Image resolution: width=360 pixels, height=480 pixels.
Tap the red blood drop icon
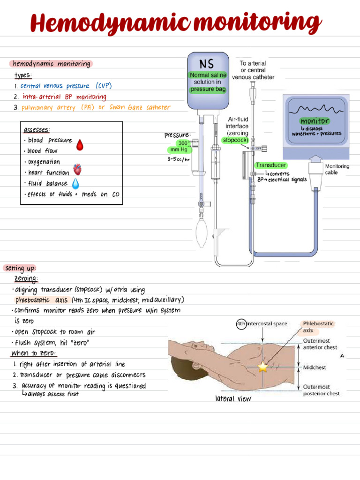point(80,145)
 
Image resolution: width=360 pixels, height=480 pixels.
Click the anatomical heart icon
point(77,169)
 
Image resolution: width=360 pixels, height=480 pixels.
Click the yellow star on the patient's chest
point(262,367)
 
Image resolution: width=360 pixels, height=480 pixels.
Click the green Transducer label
point(271,165)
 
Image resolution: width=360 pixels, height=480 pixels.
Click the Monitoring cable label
point(337,169)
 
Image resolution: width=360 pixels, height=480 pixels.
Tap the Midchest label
point(315,367)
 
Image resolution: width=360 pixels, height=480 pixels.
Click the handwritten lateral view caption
point(233,398)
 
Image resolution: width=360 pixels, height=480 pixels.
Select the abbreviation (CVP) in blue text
point(104,86)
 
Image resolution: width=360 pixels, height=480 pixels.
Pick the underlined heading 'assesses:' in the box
point(36,130)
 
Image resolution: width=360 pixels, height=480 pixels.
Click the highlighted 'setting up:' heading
point(20,268)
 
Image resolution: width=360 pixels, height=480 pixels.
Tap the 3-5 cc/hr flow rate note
point(179,159)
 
